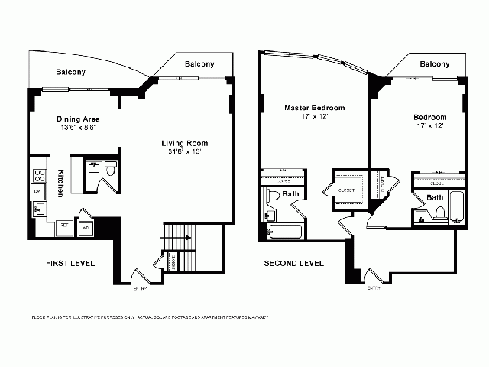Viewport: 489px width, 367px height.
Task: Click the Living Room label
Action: (x=184, y=143)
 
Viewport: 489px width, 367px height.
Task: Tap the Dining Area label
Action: (x=78, y=120)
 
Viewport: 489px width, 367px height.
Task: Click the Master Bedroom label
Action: (x=315, y=108)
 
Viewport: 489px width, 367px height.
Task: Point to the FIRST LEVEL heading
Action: (x=70, y=263)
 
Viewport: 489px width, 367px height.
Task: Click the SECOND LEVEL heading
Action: (x=293, y=263)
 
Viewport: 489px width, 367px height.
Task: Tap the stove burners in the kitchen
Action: (x=38, y=171)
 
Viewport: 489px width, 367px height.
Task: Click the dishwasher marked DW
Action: (x=37, y=190)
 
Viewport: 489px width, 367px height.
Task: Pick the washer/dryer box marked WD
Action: (x=86, y=227)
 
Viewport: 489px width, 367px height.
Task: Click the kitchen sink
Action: (x=38, y=209)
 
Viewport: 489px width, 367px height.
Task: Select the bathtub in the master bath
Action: (x=285, y=232)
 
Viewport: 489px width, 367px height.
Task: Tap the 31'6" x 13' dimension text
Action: (x=184, y=152)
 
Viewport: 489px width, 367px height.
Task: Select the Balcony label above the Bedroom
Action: (x=434, y=63)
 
